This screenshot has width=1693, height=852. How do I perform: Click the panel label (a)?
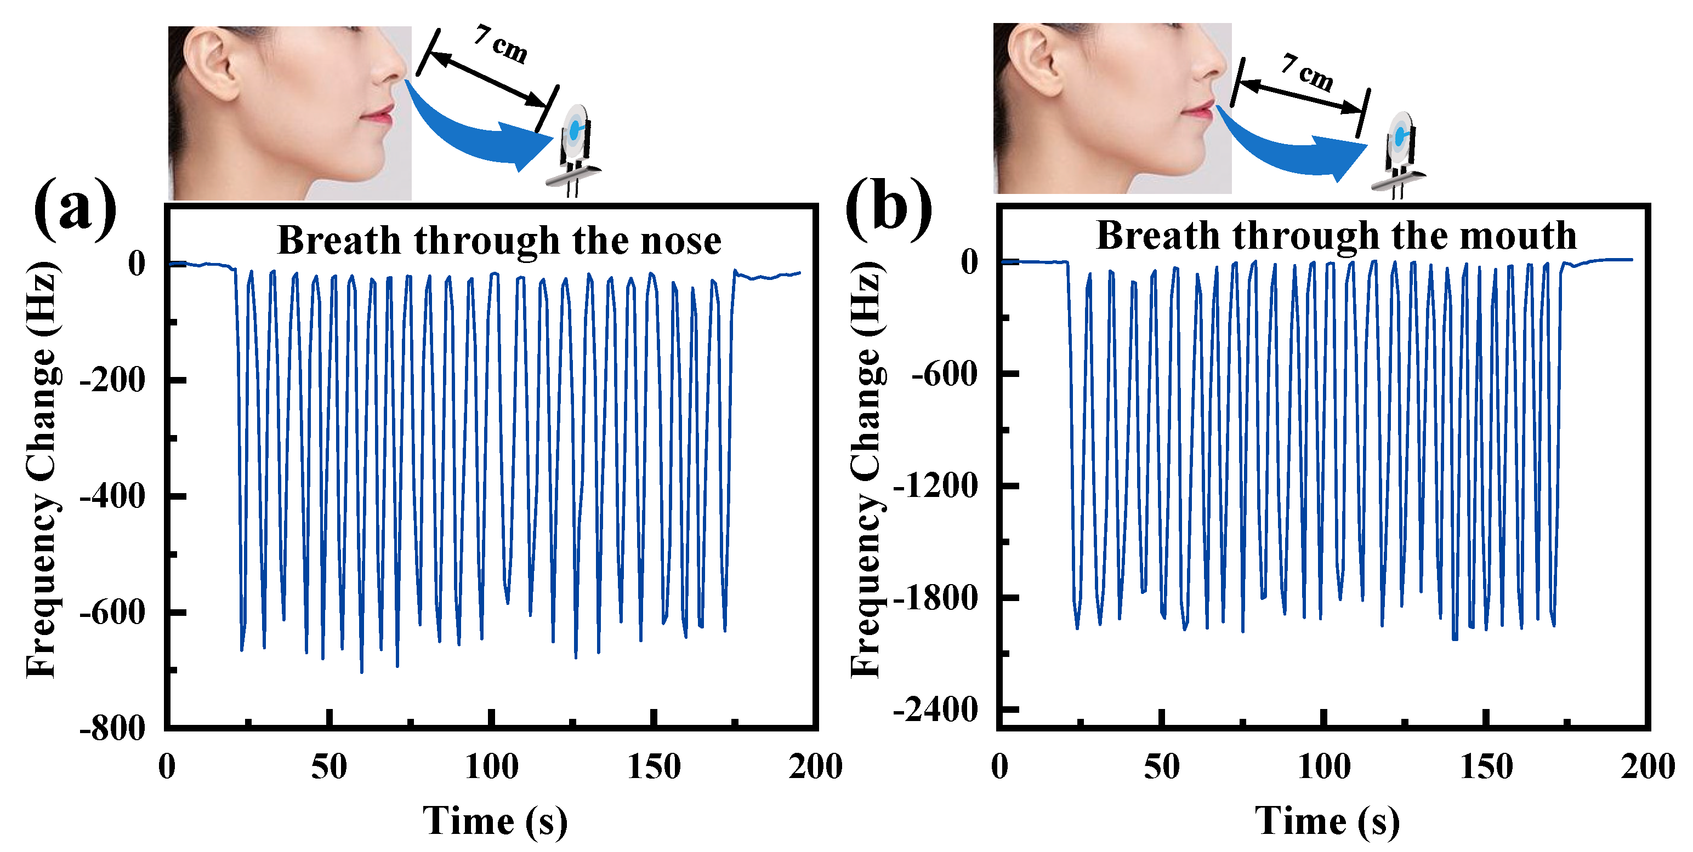pos(74,208)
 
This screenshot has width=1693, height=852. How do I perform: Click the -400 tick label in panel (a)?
pos(112,496)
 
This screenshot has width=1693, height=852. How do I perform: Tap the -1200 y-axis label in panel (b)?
pos(936,486)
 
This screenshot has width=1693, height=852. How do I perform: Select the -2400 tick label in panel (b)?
pos(936,710)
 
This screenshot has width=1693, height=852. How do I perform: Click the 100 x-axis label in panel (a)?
pos(491,767)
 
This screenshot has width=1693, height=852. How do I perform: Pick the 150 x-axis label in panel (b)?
pos(1485,767)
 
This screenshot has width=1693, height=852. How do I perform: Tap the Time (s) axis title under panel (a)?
pos(494,821)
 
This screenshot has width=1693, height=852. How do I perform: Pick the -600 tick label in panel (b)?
pos(945,374)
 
